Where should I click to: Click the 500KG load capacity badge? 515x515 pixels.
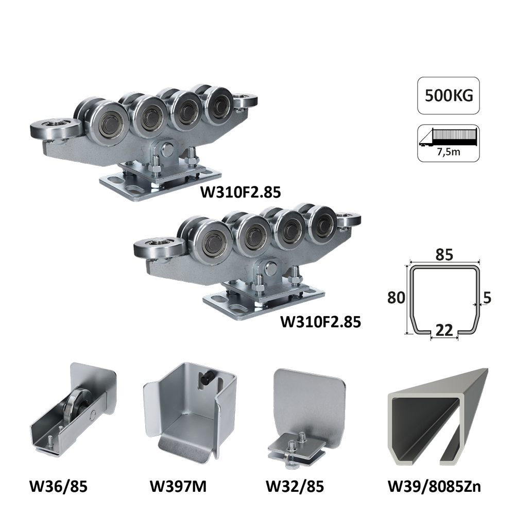(x=449, y=96)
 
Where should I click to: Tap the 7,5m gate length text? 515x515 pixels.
(x=449, y=152)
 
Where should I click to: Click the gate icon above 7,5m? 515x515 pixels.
(x=449, y=138)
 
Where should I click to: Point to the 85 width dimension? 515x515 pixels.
(x=444, y=255)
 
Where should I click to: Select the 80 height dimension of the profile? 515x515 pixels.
(x=396, y=298)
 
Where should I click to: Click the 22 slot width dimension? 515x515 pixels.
(x=444, y=330)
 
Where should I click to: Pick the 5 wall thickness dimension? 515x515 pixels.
(x=487, y=298)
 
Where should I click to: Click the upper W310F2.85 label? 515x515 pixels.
(x=241, y=193)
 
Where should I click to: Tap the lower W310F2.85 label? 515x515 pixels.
(x=320, y=322)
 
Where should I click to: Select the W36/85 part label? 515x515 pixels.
(x=59, y=487)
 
